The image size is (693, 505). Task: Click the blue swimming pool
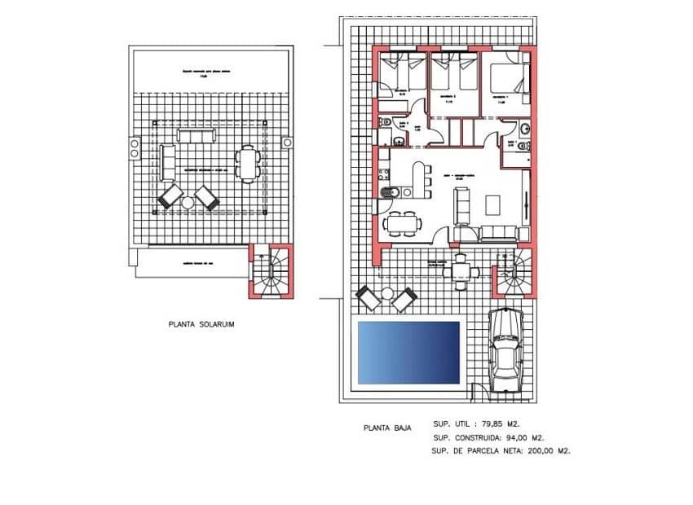pyautogui.click(x=408, y=352)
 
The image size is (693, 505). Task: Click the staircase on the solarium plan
pyautogui.click(x=271, y=272)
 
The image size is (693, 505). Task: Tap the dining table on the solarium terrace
pyautogui.click(x=246, y=160)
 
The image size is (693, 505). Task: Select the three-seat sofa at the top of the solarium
pyautogui.click(x=192, y=135)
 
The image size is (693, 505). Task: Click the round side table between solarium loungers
pyautogui.click(x=188, y=202)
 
